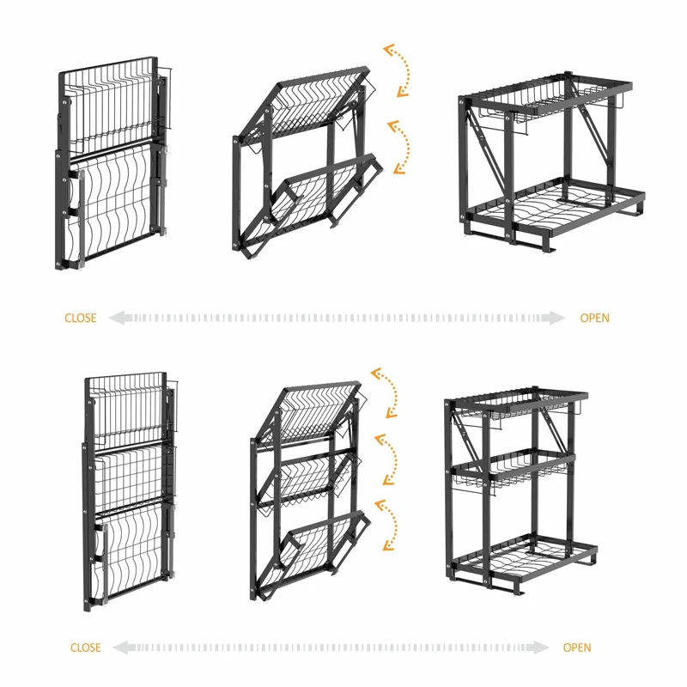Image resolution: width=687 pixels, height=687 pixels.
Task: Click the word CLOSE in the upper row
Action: [81, 318]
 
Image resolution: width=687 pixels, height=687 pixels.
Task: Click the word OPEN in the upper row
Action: [594, 318]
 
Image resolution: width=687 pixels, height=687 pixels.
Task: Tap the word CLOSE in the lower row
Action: [86, 647]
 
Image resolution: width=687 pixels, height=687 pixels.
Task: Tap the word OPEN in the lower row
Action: [577, 647]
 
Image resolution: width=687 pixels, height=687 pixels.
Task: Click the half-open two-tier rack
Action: [305, 163]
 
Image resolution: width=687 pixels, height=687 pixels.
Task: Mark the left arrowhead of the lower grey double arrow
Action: [121, 647]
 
